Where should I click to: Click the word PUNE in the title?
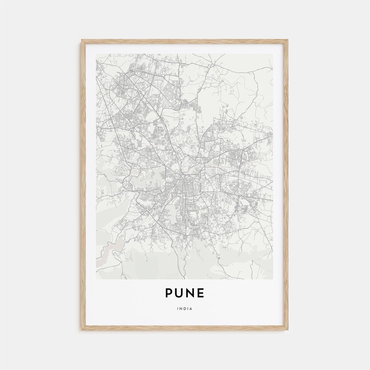click(x=185, y=293)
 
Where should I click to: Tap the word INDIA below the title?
click(x=185, y=309)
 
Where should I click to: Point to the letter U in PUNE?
click(x=180, y=293)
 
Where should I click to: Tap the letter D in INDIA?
click(x=185, y=309)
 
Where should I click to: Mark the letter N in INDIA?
click(x=181, y=309)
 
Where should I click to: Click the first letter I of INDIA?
click(x=178, y=309)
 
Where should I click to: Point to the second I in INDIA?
click(x=188, y=309)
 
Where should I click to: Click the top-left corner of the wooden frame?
click(x=82, y=40)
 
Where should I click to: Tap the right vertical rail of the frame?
click(x=287, y=185)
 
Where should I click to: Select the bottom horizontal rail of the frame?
click(x=185, y=328)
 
